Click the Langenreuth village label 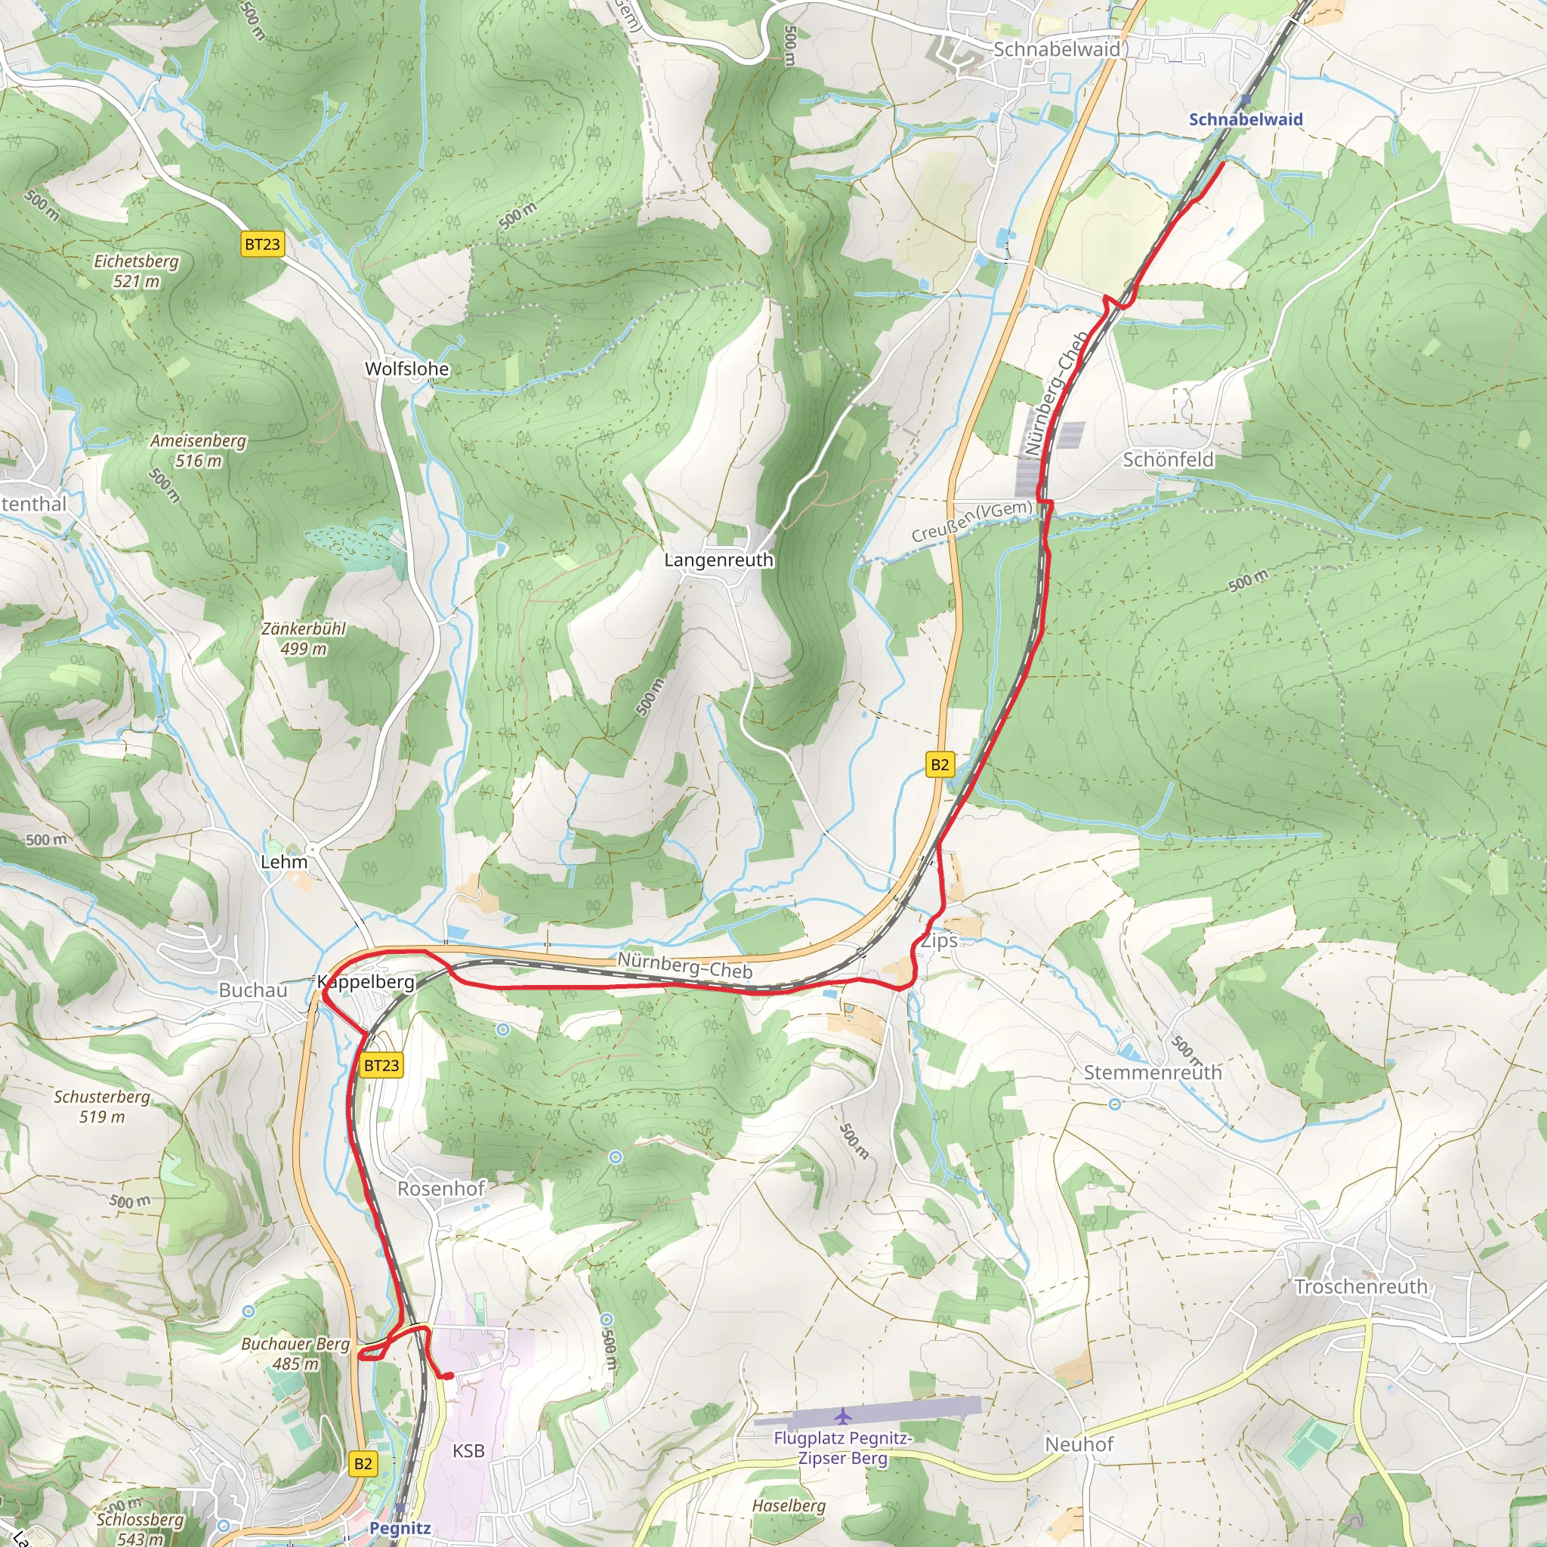tap(718, 560)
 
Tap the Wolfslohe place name tap(407, 369)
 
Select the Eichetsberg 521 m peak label tap(136, 270)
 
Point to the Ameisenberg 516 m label tap(199, 450)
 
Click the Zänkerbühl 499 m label tap(304, 638)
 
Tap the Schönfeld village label tap(1168, 459)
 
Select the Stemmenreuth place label tap(1152, 1072)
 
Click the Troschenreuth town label tap(1361, 1286)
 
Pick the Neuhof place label tap(1079, 1444)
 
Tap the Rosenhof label tap(441, 1188)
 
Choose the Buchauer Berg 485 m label tap(295, 1353)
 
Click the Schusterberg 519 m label tap(102, 1106)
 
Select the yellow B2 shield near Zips tap(939, 764)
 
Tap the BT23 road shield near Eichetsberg tap(263, 244)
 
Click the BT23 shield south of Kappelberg tap(381, 1065)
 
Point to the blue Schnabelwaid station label tap(1245, 119)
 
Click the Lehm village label tap(283, 863)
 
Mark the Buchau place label tap(252, 990)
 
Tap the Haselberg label tap(788, 1506)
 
